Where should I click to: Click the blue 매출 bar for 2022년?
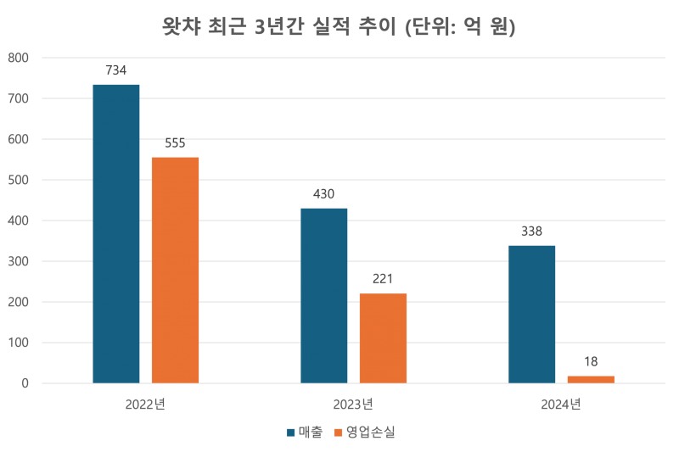[x=116, y=234]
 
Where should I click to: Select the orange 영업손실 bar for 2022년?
[x=175, y=270]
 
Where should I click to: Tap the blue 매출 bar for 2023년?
[x=324, y=295]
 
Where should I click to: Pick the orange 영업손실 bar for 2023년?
[x=383, y=338]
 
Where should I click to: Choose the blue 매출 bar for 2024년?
[x=531, y=314]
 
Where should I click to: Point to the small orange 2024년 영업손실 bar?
[x=591, y=379]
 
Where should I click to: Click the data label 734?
[x=116, y=70]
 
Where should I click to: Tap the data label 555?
[x=175, y=143]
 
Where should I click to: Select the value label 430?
[x=324, y=194]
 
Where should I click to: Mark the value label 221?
[x=383, y=279]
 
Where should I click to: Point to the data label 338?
[x=531, y=232]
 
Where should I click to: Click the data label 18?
[x=591, y=362]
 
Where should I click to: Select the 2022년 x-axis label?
[x=145, y=404]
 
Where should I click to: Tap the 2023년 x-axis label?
[x=353, y=404]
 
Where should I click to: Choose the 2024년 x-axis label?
[x=561, y=404]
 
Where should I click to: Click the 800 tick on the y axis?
[x=18, y=58]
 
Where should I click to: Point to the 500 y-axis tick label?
[x=18, y=180]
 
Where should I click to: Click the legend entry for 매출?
[x=304, y=432]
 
